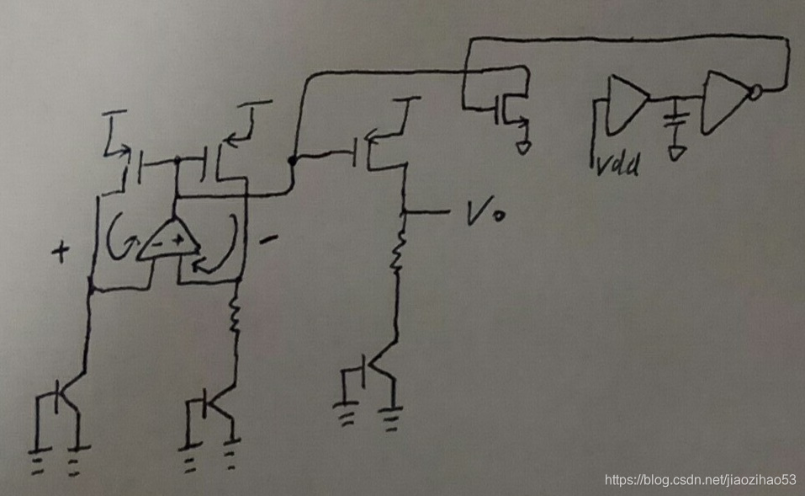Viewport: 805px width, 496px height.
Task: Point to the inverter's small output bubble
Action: coord(756,92)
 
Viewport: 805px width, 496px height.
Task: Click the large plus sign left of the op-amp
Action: coord(61,253)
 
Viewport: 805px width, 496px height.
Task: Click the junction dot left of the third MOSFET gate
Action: coord(292,159)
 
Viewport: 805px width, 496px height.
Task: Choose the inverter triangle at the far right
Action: coord(726,101)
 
